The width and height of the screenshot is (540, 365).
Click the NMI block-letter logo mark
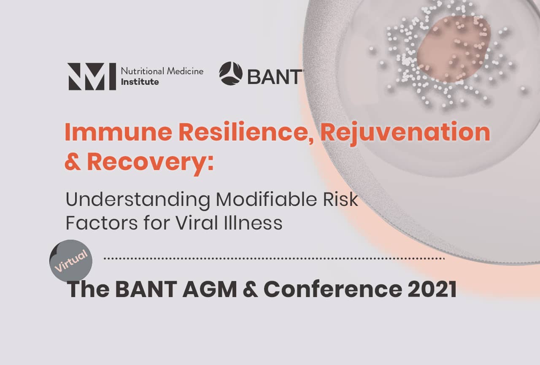click(92, 76)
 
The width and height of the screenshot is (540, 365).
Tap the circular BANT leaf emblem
click(231, 73)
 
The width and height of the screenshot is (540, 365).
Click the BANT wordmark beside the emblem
click(275, 77)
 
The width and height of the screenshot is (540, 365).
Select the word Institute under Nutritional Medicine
click(140, 82)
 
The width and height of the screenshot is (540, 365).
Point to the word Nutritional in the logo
click(143, 71)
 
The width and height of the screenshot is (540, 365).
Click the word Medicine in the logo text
click(185, 71)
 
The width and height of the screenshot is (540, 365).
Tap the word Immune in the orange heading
click(119, 132)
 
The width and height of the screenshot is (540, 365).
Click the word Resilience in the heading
click(246, 132)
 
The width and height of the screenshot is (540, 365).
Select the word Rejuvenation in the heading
click(405, 133)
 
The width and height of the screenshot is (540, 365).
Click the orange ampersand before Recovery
click(72, 161)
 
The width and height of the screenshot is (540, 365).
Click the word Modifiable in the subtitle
click(266, 199)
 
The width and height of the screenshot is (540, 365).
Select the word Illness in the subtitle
click(253, 223)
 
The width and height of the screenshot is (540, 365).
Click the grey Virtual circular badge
click(71, 261)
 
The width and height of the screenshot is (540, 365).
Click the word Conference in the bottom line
click(333, 289)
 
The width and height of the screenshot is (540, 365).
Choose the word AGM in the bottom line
click(210, 289)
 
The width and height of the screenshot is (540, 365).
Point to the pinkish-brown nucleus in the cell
click(454, 49)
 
